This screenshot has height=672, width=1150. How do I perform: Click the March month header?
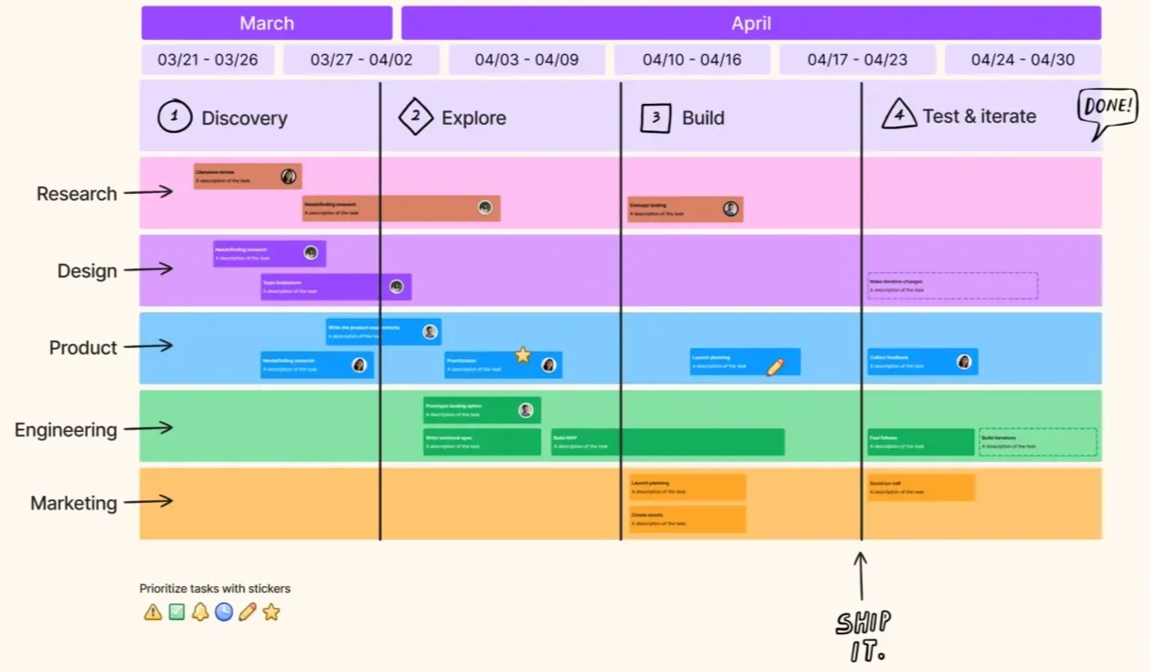[x=266, y=23]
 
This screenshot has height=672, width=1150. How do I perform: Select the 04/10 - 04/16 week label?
[x=692, y=60]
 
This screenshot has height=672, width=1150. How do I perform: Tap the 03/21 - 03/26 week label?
[x=208, y=60]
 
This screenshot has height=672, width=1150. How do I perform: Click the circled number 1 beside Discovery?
[x=174, y=117]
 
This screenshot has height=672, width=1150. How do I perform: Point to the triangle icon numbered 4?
[x=899, y=115]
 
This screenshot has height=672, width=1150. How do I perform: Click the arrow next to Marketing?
[x=148, y=501]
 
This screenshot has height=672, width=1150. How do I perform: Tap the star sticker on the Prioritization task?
[x=523, y=354]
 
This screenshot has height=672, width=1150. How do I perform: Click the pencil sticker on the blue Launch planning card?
[x=775, y=366]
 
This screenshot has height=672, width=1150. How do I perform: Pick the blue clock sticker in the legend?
[x=223, y=612]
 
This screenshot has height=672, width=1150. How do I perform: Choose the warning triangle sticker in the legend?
[x=152, y=612]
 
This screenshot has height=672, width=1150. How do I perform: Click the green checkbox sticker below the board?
[x=177, y=612]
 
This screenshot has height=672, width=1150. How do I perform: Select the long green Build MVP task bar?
[x=667, y=442]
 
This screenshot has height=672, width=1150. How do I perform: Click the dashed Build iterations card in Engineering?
[x=1038, y=442]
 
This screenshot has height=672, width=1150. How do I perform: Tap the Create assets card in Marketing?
[x=687, y=519]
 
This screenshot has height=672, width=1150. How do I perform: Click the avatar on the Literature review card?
[x=288, y=176]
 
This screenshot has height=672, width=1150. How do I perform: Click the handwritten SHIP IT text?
[x=862, y=635]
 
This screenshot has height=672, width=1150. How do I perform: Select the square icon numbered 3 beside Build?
[x=655, y=117]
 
